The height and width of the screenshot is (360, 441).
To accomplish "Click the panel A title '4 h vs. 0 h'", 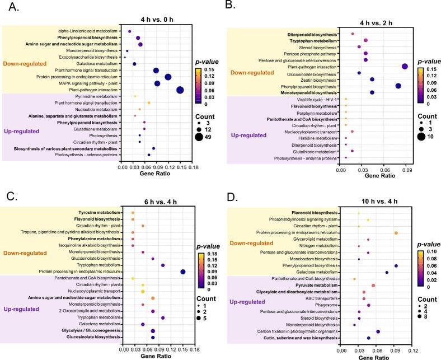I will click(x=158, y=17).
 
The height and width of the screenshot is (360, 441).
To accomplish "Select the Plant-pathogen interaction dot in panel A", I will click(x=180, y=90).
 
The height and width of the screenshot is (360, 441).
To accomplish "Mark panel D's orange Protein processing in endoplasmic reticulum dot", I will click(x=396, y=233).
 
